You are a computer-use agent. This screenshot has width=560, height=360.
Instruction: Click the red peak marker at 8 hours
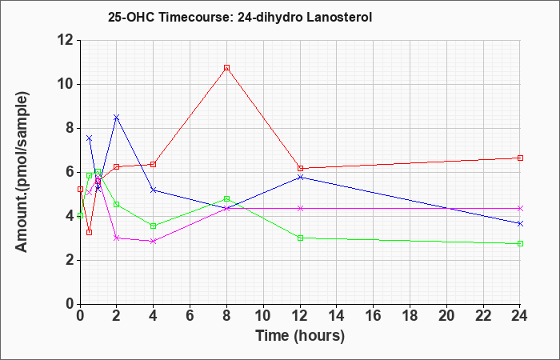coord(226,68)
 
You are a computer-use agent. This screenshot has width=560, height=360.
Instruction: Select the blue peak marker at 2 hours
coord(116,117)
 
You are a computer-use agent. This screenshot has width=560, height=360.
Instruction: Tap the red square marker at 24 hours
coord(520,158)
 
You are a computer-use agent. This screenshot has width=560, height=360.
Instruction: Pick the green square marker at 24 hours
coord(520,243)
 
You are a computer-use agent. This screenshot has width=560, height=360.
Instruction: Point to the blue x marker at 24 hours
coord(520,223)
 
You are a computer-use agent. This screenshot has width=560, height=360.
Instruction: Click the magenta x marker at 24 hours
coord(520,208)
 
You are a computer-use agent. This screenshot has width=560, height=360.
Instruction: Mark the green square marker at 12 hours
coord(300,238)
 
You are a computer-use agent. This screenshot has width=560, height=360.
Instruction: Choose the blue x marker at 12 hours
coord(300,177)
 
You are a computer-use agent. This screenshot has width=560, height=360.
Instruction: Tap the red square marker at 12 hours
coord(300,168)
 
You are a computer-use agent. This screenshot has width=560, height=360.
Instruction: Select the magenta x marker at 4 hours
coord(154,242)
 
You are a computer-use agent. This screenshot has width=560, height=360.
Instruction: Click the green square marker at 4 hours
coord(154,226)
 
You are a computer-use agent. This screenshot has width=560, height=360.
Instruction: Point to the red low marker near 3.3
coord(90,233)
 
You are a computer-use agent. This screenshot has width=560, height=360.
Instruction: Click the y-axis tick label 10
coord(66,85)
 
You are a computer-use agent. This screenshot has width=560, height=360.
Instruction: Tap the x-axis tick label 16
coord(373,316)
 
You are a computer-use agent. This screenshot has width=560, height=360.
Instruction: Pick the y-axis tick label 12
coord(66,41)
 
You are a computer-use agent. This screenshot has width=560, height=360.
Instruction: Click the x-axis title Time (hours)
coord(300,336)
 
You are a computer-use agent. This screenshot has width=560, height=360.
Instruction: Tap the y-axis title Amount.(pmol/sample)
coord(22,172)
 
